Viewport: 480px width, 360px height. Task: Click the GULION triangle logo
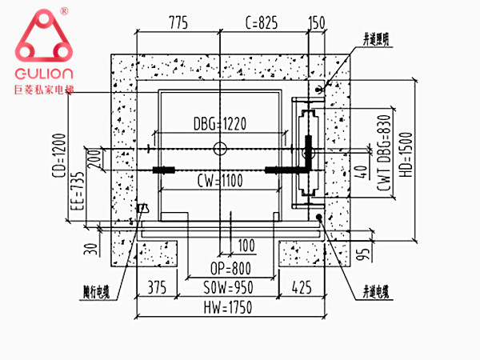42,38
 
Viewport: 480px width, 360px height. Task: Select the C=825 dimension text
260,23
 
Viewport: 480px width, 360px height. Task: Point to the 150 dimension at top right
317,23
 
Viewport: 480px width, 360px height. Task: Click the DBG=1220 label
220,123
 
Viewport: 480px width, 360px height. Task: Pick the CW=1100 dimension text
221,181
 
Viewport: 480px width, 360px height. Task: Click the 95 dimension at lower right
360,254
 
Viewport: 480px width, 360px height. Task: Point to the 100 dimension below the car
245,244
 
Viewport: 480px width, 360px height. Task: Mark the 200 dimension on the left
94,158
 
